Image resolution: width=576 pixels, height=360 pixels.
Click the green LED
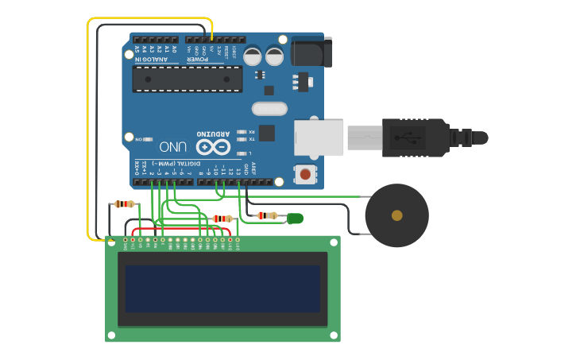[x=296, y=218]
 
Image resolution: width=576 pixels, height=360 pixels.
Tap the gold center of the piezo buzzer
[x=396, y=215]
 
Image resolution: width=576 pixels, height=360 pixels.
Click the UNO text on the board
[x=173, y=147]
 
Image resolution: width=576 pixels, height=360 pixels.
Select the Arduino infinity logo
[x=213, y=147]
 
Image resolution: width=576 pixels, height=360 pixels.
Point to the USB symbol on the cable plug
[x=412, y=137]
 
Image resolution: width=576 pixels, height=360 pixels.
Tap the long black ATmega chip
[x=187, y=79]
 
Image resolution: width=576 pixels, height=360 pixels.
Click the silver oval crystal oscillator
[x=269, y=109]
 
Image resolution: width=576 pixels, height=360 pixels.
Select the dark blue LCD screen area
[x=222, y=288]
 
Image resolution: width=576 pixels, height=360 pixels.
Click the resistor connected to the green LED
[x=268, y=215]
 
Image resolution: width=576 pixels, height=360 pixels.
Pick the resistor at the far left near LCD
[x=124, y=204]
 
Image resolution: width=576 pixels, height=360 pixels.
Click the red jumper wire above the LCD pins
[x=183, y=230]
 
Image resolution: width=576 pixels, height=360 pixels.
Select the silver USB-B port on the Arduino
[x=318, y=137]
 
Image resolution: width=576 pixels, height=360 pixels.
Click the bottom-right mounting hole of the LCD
[x=333, y=335]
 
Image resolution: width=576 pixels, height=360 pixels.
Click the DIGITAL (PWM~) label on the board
[x=169, y=163]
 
